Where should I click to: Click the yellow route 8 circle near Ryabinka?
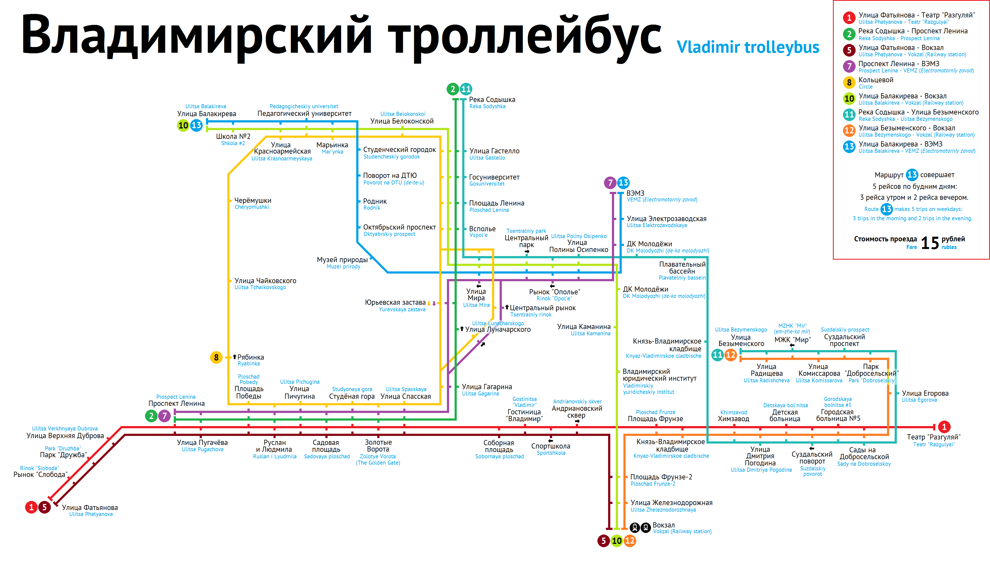216,357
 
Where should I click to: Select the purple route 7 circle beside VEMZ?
610,183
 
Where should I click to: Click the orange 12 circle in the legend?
849,130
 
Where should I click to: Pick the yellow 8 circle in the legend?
849,82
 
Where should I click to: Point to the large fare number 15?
929,243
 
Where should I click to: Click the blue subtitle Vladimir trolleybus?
747,47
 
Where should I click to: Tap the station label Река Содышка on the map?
492,100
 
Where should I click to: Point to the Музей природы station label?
342,260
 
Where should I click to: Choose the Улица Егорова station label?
925,393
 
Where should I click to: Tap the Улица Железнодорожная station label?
671,503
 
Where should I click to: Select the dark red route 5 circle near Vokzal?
603,541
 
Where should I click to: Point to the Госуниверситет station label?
494,177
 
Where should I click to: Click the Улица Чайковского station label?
265,281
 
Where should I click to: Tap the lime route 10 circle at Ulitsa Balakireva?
183,125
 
